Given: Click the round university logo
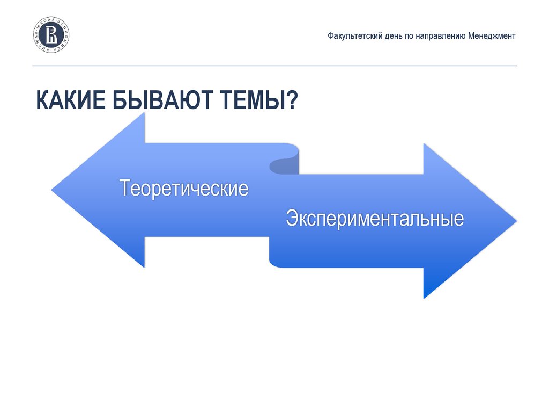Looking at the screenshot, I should click(x=51, y=35).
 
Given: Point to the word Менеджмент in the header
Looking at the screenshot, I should click(x=492, y=36).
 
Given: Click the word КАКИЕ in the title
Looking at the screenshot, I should click(x=70, y=100).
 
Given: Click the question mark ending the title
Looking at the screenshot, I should click(x=292, y=100).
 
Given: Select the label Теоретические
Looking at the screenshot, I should click(x=184, y=188).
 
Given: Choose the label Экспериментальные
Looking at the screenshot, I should click(x=374, y=219).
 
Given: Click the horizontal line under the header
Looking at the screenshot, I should click(x=274, y=66).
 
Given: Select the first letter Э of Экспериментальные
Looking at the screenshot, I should click(x=292, y=219).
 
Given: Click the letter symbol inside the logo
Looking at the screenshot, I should click(x=51, y=35).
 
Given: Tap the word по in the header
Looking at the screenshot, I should click(x=407, y=36).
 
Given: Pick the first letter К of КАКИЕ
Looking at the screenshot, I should click(x=42, y=100).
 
